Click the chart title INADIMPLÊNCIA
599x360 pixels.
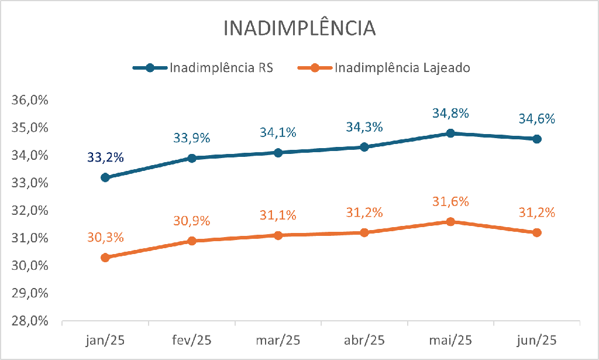click(299, 29)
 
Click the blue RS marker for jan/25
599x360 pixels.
click(105, 177)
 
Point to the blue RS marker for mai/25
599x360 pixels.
click(450, 133)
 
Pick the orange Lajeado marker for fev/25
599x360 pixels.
click(192, 241)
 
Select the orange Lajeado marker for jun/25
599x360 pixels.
click(537, 232)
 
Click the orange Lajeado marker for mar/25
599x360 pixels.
click(278, 235)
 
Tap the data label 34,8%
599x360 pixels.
click(450, 113)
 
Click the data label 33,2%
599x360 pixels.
click(105, 157)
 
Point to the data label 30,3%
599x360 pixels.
click(105, 238)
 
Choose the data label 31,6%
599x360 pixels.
click(450, 201)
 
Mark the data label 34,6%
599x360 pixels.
click(537, 119)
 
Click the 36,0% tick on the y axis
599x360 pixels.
click(30, 100)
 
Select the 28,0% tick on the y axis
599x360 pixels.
click(30, 321)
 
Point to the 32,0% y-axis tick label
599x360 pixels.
click(30, 211)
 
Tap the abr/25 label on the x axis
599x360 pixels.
click(364, 340)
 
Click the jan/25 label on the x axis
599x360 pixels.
click(105, 340)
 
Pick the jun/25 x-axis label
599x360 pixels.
click(537, 340)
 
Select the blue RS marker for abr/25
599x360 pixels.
click(364, 147)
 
